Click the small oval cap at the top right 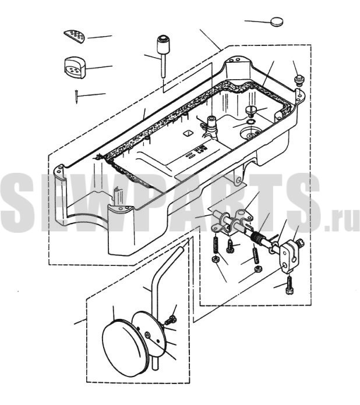coord(277,22)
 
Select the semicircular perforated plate coord(75,36)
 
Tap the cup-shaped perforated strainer coord(75,67)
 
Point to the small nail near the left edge coord(76,97)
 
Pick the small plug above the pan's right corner coord(299,79)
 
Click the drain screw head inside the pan coord(250,111)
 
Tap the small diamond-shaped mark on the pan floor coord(187,133)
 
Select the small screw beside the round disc coord(171,320)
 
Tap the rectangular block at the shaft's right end coord(289,256)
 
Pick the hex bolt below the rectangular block coord(290,285)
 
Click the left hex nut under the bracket coord(215,260)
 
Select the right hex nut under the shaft coord(257,269)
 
